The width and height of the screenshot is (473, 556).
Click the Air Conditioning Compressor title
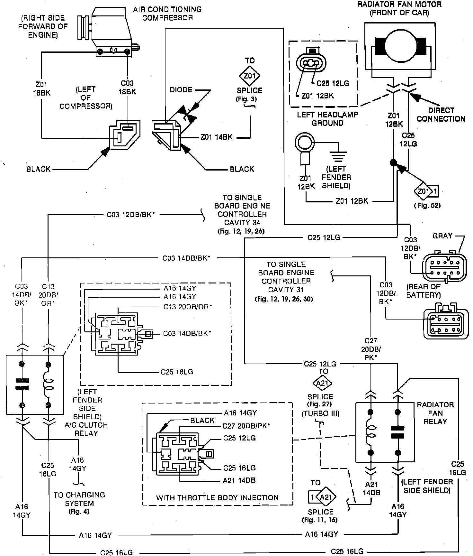pyautogui.click(x=167, y=13)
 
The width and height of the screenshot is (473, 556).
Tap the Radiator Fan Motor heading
pyautogui.click(x=399, y=9)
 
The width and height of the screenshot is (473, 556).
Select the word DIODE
pyautogui.click(x=181, y=90)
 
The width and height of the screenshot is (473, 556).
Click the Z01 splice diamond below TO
pyautogui.click(x=250, y=76)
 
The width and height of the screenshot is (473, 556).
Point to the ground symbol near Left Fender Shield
pyautogui.click(x=336, y=157)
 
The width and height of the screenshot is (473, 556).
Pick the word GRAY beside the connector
pyautogui.click(x=442, y=236)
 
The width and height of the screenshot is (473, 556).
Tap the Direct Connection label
pyautogui.click(x=441, y=115)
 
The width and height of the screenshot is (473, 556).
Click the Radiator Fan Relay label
pyautogui.click(x=435, y=413)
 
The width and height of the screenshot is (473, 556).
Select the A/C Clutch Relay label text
pyautogui.click(x=86, y=429)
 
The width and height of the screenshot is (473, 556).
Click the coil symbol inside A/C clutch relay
pyautogui.click(x=48, y=385)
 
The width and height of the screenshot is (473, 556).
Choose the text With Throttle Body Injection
pyautogui.click(x=218, y=498)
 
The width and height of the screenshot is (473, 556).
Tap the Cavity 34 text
pyautogui.click(x=242, y=223)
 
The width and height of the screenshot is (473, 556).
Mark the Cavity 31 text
pyautogui.click(x=286, y=290)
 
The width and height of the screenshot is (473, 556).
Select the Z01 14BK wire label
pyautogui.click(x=216, y=137)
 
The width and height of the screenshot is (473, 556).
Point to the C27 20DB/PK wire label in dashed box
pyautogui.click(x=246, y=426)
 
